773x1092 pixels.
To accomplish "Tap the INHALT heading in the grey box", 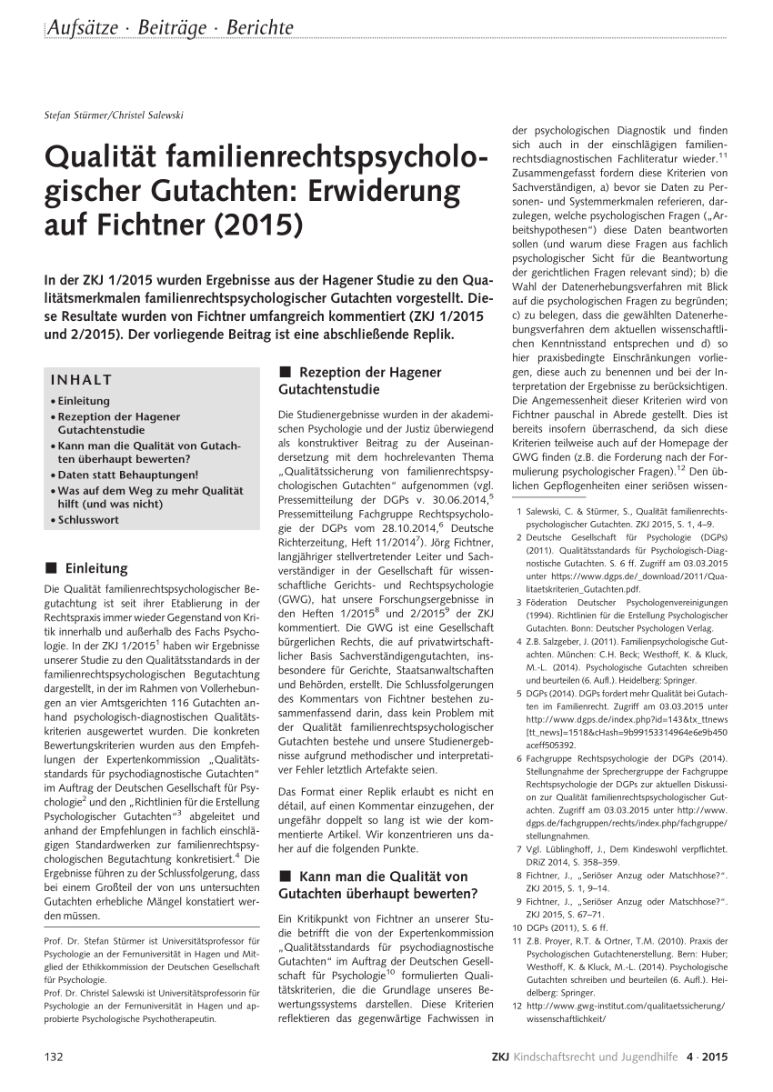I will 82,380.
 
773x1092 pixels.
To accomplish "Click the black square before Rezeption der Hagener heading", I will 285,372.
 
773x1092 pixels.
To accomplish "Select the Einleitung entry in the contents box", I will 85,401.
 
